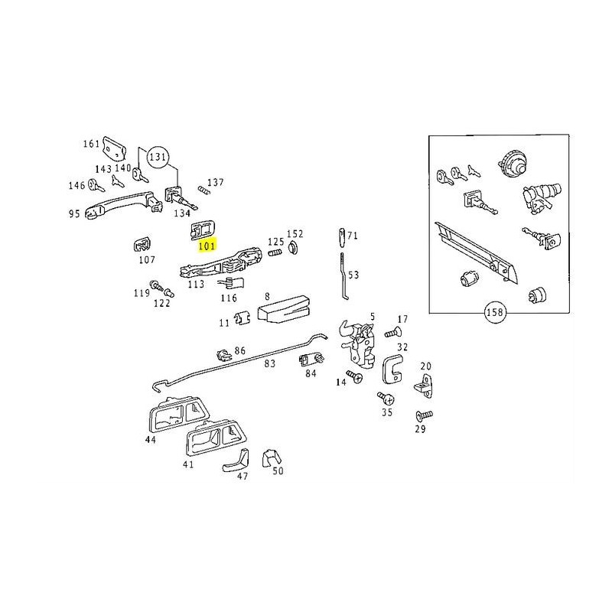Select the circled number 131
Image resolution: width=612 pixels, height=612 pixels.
click(x=158, y=158)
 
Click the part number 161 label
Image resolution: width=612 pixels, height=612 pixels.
click(x=91, y=144)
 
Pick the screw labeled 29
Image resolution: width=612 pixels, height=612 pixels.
click(x=423, y=415)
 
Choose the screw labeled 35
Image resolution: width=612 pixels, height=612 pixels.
click(x=385, y=398)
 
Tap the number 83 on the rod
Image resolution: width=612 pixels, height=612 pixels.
click(x=269, y=364)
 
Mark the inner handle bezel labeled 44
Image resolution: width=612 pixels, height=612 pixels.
click(x=174, y=418)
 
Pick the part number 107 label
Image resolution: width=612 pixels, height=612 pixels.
click(x=146, y=259)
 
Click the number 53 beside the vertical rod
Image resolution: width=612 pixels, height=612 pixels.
click(x=353, y=274)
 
